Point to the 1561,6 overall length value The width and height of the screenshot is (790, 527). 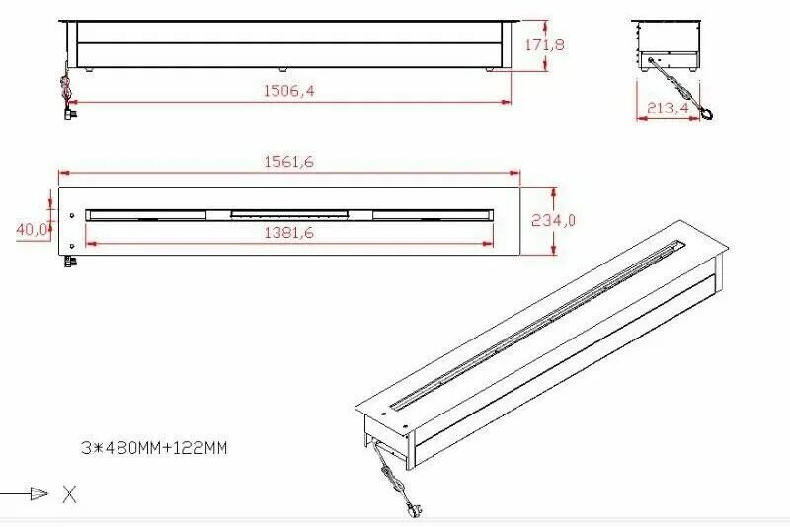pyautogui.click(x=288, y=162)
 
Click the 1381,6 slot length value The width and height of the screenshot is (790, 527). pyautogui.click(x=288, y=232)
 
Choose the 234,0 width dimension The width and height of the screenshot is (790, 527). pyautogui.click(x=552, y=220)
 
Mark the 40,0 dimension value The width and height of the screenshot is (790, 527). pyautogui.click(x=33, y=229)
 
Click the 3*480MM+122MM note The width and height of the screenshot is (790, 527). pyautogui.click(x=155, y=447)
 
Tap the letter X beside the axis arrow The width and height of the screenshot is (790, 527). pyautogui.click(x=69, y=494)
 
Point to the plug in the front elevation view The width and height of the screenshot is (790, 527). pyautogui.click(x=68, y=113)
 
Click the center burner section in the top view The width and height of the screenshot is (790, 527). pyautogui.click(x=289, y=213)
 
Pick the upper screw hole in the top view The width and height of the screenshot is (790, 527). pyautogui.click(x=73, y=215)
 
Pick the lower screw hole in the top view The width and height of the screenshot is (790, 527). pyautogui.click(x=73, y=245)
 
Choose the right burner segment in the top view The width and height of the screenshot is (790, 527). pyautogui.click(x=432, y=214)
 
